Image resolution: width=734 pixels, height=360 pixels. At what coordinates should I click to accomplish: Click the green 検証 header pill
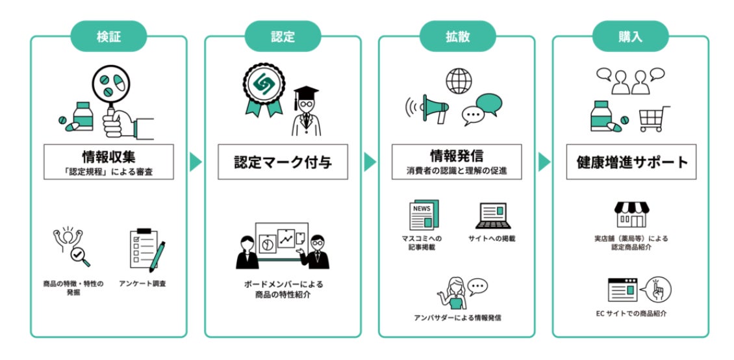[108, 36]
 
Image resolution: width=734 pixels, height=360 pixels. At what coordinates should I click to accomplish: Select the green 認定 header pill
[283, 36]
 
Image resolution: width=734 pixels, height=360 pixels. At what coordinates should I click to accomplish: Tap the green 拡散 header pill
[457, 36]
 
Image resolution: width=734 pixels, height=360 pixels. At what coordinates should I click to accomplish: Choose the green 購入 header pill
[631, 36]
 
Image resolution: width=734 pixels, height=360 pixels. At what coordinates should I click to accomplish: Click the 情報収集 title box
[108, 162]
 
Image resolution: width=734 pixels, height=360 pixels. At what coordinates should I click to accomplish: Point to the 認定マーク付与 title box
[283, 162]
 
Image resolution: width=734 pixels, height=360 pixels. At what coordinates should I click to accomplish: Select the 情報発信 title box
[457, 162]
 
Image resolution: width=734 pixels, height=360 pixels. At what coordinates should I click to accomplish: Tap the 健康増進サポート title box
[631, 162]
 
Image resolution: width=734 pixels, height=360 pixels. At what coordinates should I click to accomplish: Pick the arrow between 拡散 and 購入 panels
[544, 162]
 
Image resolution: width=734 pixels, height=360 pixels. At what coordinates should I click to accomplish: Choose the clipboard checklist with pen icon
[147, 249]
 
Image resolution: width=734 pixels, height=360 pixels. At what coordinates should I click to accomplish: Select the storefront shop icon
[630, 214]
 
